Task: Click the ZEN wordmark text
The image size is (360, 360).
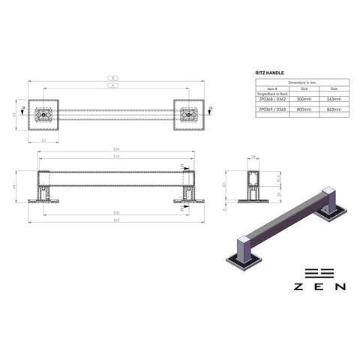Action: (319, 286)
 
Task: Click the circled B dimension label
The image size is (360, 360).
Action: (112, 78)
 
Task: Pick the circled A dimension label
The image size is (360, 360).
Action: (112, 85)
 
